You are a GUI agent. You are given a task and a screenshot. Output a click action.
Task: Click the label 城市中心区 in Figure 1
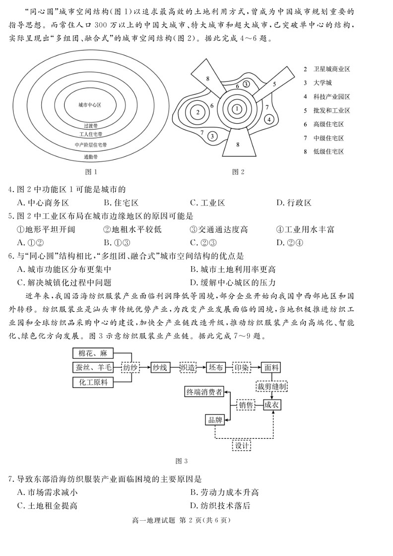tap(90, 105)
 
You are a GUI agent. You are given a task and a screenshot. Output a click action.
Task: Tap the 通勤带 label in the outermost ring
tap(90, 157)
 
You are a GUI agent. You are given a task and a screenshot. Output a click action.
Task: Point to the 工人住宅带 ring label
tap(90, 134)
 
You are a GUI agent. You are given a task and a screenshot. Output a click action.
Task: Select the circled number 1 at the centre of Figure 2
tap(237, 109)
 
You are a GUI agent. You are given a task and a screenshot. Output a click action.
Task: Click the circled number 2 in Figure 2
tap(197, 112)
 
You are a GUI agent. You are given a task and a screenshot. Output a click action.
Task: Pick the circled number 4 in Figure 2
tap(268, 119)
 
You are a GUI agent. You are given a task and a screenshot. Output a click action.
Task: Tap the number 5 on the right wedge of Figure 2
tap(274, 84)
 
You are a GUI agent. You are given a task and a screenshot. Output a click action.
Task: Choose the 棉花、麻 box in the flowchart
tap(93, 353)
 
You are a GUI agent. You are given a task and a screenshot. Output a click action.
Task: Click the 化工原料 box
tap(93, 382)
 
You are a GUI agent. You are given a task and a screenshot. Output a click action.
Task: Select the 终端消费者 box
tap(204, 392)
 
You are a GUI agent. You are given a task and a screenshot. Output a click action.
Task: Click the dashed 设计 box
tap(242, 445)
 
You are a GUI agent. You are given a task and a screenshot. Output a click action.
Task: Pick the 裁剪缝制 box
tap(271, 386)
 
